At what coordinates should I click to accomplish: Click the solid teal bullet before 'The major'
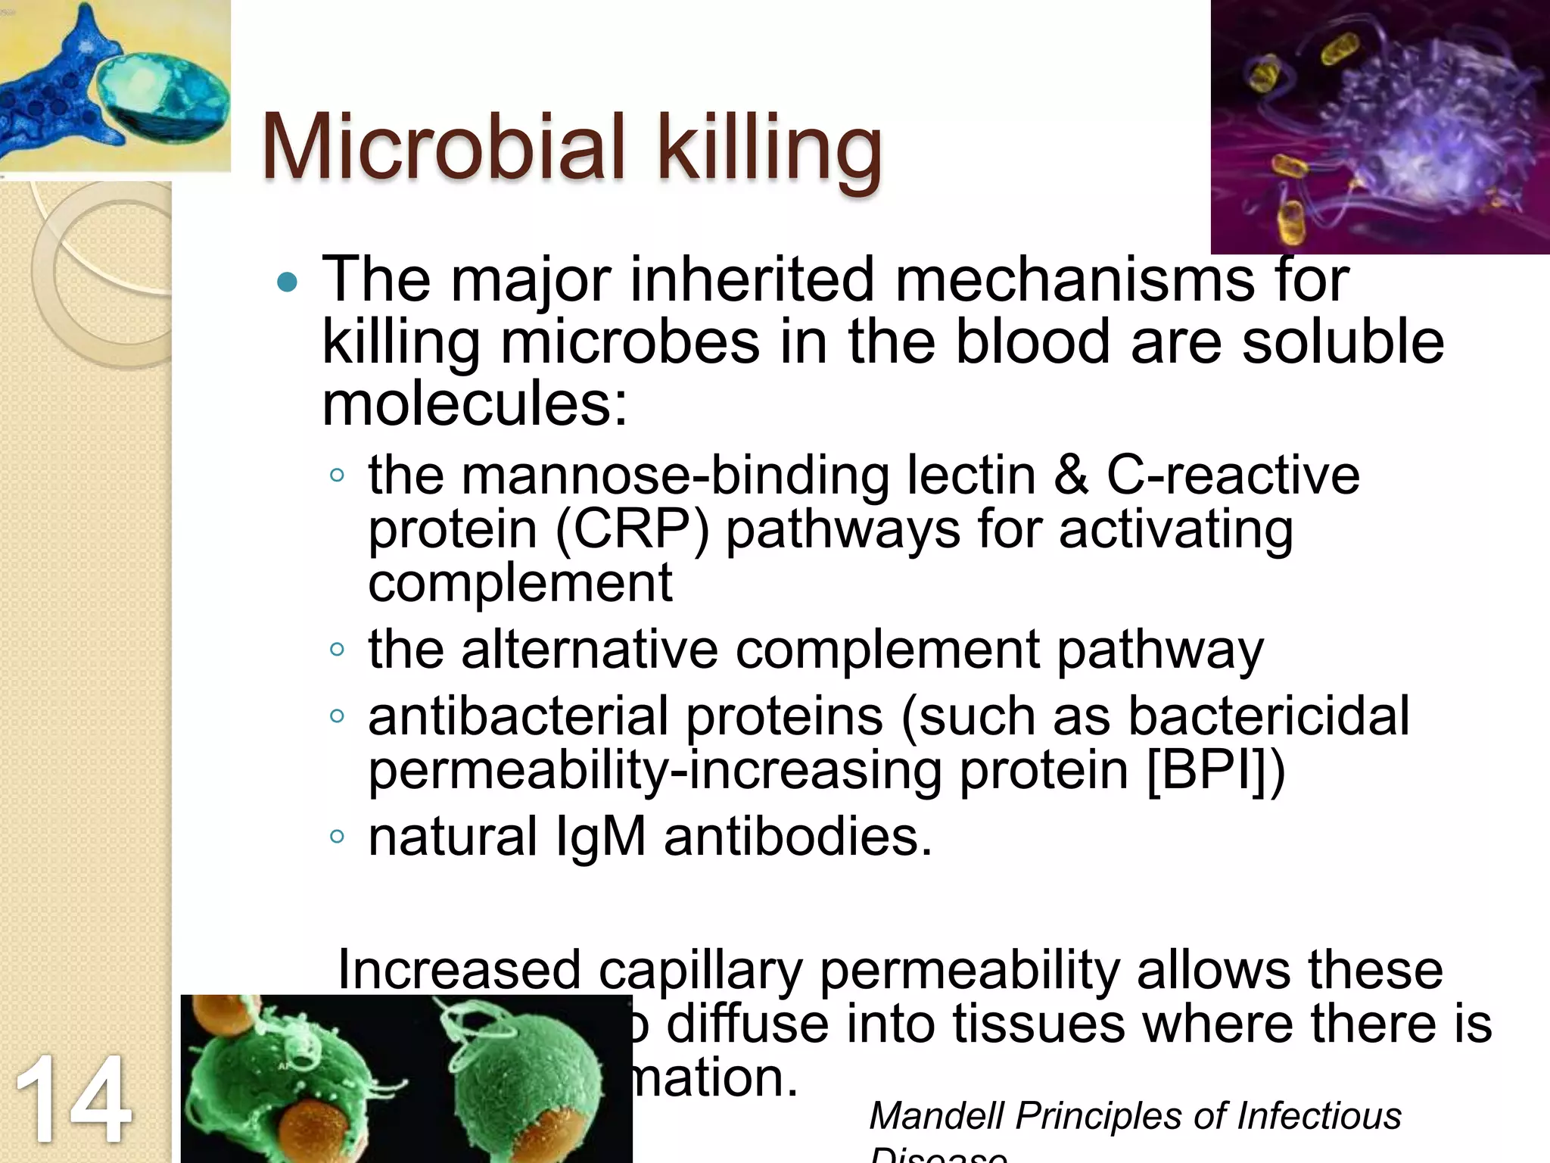coord(288,283)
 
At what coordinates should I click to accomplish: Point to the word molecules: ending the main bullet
coord(475,404)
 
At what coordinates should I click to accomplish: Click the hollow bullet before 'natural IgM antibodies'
coord(338,837)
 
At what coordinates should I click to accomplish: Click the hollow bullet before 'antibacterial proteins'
coord(338,716)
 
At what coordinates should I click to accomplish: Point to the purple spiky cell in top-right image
coord(1423,129)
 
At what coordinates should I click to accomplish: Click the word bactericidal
coord(1268,716)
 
